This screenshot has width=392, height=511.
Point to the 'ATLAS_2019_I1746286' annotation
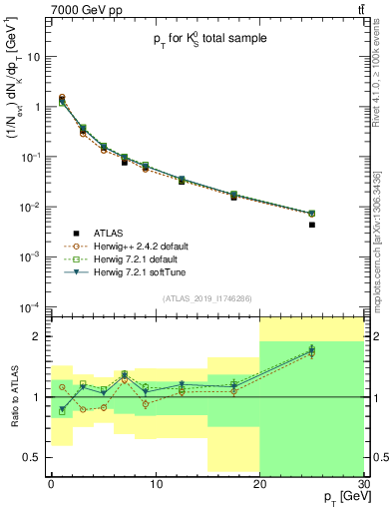206,298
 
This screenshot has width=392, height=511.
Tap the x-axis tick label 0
51,485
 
